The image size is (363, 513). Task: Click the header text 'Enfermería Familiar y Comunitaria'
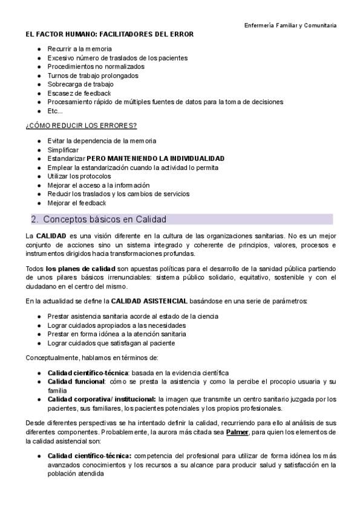290,25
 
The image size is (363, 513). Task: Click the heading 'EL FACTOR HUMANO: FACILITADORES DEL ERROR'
110,34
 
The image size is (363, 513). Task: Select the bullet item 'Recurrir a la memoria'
79,49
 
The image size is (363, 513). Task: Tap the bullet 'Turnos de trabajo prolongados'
93,76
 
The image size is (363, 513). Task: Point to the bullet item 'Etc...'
55,111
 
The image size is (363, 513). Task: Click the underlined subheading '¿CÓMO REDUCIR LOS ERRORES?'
81,125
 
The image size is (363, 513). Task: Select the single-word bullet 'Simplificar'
63,149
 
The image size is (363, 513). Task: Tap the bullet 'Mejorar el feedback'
76,203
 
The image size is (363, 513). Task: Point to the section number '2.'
35,219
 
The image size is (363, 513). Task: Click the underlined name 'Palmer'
237,433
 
